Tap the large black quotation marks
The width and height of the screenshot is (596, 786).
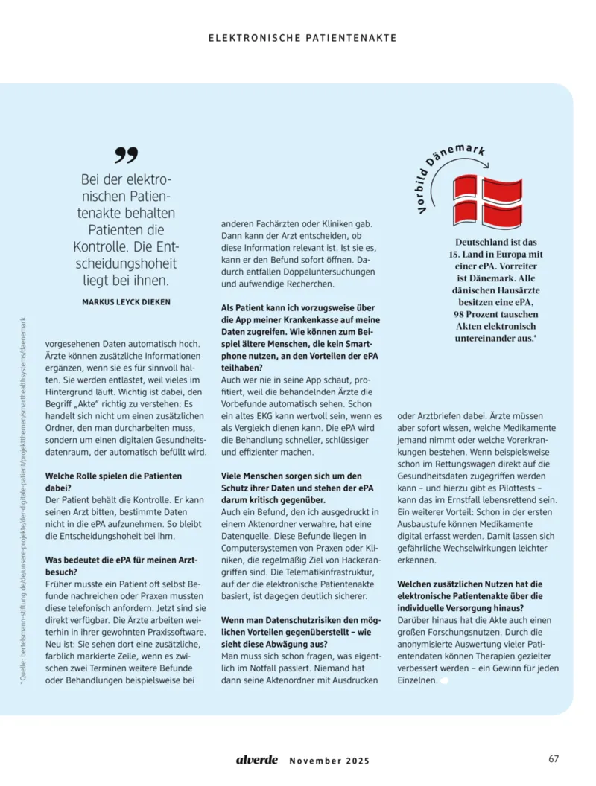coord(127,155)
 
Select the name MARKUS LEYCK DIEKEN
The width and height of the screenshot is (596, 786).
coord(126,301)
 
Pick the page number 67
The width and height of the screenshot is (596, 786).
coord(554,759)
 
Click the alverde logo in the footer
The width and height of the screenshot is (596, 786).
coord(257,760)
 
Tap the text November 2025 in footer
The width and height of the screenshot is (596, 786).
coord(329,761)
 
